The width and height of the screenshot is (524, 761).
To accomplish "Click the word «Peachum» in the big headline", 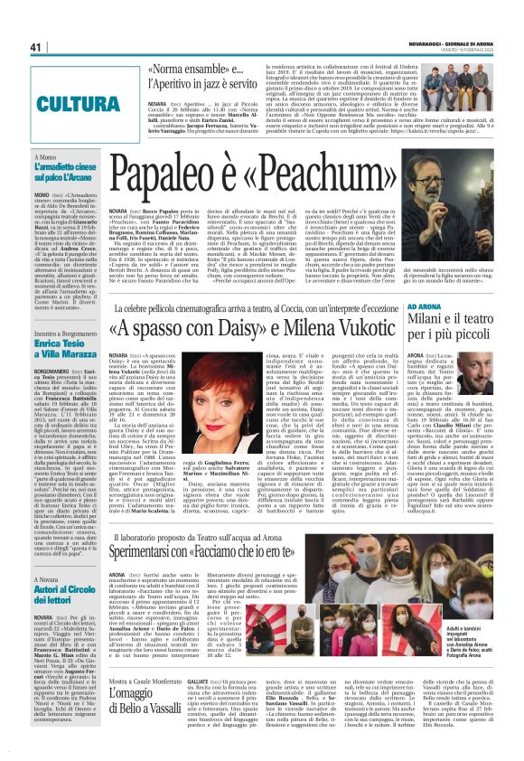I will click(336, 178).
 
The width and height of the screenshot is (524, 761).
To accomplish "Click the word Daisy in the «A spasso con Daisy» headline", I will click(205, 329).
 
